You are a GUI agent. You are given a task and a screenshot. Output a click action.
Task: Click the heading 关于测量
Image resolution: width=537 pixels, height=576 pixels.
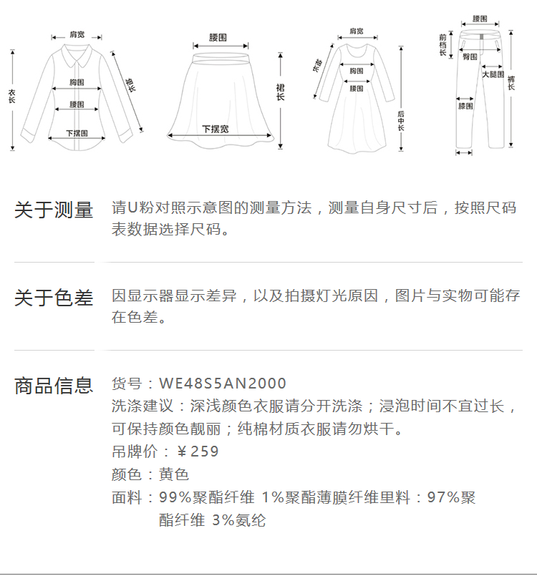[x=54, y=210]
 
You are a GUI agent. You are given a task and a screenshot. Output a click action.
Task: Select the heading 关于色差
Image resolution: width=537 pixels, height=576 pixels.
[x=54, y=298]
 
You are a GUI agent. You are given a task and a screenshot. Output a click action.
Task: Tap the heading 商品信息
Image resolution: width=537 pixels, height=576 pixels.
[x=54, y=386]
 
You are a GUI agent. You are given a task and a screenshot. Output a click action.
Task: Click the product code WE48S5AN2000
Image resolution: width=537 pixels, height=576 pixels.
[x=222, y=384]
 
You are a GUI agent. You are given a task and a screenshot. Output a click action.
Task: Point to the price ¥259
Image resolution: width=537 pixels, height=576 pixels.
[x=198, y=451]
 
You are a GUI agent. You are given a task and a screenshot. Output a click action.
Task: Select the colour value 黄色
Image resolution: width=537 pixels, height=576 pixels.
[x=174, y=474]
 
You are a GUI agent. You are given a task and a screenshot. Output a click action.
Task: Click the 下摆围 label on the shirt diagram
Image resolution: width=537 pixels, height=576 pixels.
[x=77, y=133]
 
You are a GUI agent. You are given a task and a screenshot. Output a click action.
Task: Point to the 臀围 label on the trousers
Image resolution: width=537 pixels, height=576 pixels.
[x=470, y=57]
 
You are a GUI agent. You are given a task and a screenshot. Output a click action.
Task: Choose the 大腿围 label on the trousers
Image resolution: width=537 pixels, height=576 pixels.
[x=493, y=74]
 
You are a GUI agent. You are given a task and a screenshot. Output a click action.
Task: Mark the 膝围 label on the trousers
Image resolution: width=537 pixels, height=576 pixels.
[x=465, y=107]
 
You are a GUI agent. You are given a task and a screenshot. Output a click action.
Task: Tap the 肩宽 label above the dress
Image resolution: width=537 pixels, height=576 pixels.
[x=356, y=31]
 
